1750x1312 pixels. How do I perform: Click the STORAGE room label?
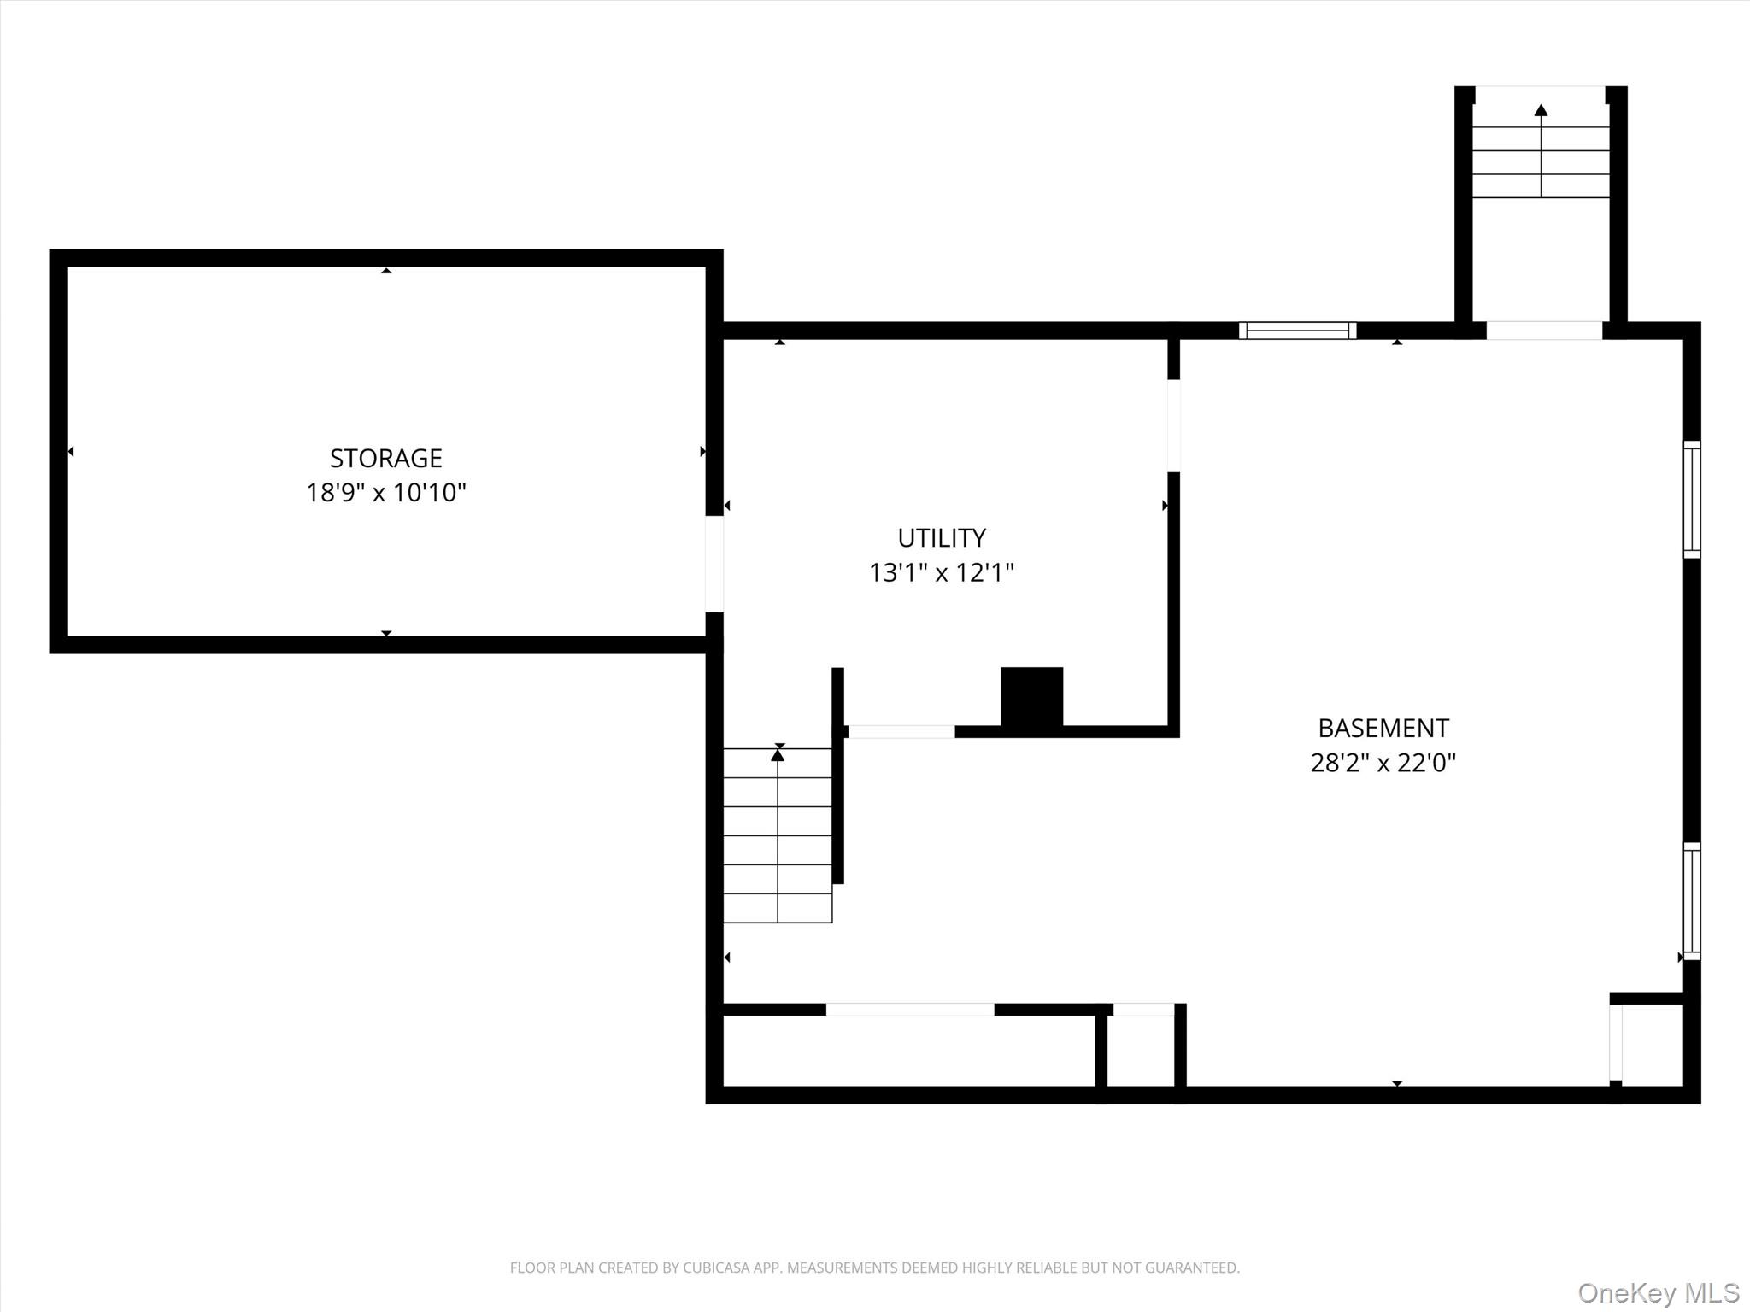click(x=386, y=459)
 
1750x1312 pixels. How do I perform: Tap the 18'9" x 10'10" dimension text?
click(x=386, y=493)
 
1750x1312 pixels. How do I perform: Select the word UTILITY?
click(x=942, y=538)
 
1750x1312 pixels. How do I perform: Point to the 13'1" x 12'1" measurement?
click(x=942, y=572)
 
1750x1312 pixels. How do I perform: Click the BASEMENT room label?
click(x=1383, y=729)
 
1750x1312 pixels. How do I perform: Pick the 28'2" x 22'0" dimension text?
click(x=1383, y=763)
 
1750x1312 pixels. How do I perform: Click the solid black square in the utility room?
click(x=1032, y=697)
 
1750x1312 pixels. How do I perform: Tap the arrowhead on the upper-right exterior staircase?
click(x=1541, y=110)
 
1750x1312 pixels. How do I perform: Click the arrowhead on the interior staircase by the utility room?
click(x=778, y=754)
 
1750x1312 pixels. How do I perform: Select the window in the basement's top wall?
click(x=1297, y=331)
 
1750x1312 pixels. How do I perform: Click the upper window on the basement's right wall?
click(x=1692, y=500)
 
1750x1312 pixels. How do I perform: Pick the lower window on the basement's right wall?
click(x=1692, y=901)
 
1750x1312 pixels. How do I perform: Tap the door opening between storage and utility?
click(x=714, y=564)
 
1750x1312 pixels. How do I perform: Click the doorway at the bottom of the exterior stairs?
click(x=1544, y=331)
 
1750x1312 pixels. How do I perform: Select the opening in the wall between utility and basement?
click(x=1174, y=425)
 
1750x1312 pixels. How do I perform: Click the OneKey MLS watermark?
click(x=1659, y=1293)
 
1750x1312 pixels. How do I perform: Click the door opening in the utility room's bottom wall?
click(x=901, y=732)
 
